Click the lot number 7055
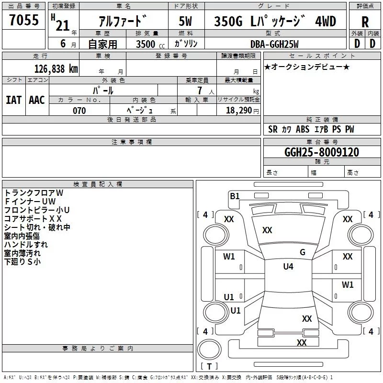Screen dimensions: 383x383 (x=24, y=20)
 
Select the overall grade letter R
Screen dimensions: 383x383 (x=365, y=22)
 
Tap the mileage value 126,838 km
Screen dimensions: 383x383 (x=56, y=69)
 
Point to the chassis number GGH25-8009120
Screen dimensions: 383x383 (x=322, y=152)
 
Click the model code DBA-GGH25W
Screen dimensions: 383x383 (x=274, y=44)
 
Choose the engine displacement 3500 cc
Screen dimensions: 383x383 (x=150, y=44)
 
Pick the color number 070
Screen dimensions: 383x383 (x=79, y=111)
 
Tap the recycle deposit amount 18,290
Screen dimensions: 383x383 (x=239, y=111)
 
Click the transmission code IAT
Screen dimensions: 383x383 (x=13, y=100)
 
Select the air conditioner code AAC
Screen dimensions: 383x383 (x=37, y=100)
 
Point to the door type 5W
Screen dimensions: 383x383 (x=185, y=21)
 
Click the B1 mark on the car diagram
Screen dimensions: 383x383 (x=235, y=196)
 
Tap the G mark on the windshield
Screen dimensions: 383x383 (x=303, y=252)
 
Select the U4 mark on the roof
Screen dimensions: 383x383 (x=288, y=267)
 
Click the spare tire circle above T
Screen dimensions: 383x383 (x=209, y=349)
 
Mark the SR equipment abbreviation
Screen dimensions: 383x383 (x=273, y=129)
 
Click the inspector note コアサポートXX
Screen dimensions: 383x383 (x=33, y=219)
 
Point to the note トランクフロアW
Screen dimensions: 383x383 (x=34, y=193)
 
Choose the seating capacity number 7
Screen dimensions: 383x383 (x=200, y=90)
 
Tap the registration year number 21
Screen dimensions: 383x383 (x=63, y=25)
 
